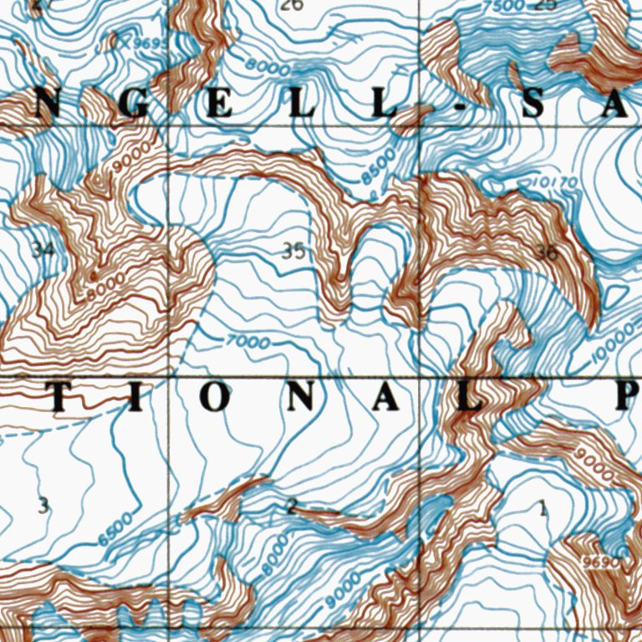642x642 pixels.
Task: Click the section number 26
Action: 292,6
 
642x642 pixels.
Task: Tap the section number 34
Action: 42,248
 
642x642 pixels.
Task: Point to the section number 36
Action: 548,253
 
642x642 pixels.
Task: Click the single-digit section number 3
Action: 43,505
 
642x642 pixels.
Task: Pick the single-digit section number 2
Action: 291,505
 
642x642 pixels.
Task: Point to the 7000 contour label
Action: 248,343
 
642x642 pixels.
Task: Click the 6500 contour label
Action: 115,529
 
